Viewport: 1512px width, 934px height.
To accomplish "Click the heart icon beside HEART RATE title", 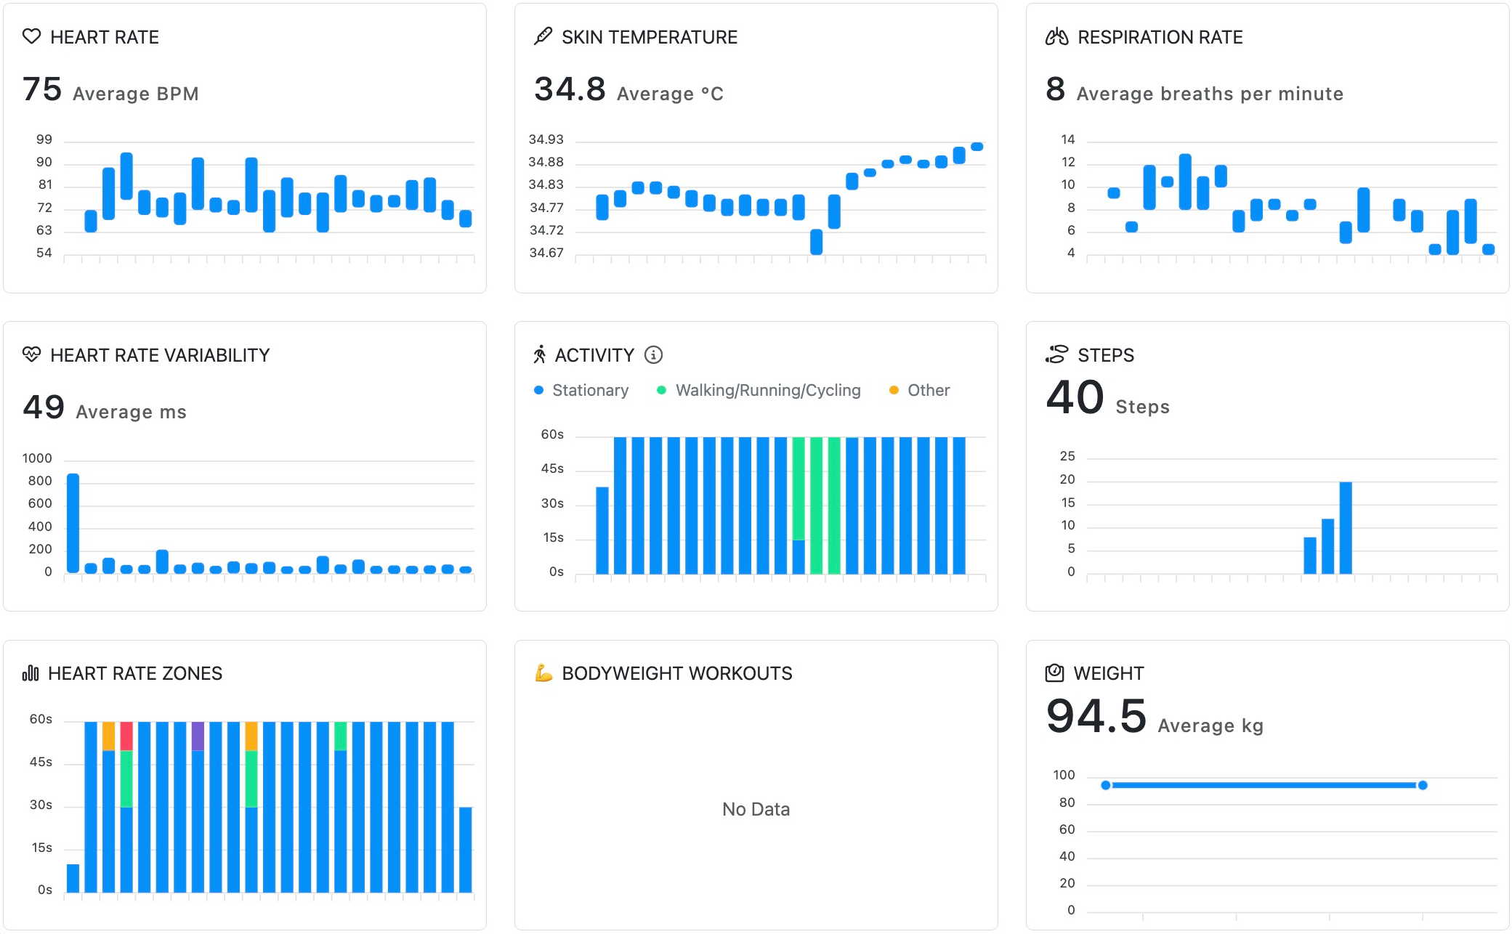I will [x=31, y=36].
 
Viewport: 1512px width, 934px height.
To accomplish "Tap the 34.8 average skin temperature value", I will [x=570, y=89].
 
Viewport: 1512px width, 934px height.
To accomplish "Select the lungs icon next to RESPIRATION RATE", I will [x=1056, y=36].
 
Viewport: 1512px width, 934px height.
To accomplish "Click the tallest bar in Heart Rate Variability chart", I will [x=73, y=523].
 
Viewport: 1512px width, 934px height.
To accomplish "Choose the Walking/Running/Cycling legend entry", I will [x=767, y=390].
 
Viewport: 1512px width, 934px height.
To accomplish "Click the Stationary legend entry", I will [x=589, y=390].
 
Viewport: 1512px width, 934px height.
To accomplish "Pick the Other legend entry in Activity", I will [x=927, y=390].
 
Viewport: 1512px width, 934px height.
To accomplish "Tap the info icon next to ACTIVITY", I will [x=654, y=354].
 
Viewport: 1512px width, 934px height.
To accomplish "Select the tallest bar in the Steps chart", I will [x=1345, y=527].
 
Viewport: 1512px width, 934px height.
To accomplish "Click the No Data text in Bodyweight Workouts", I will [x=756, y=809].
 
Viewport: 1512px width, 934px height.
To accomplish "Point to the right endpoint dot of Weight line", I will [x=1423, y=785].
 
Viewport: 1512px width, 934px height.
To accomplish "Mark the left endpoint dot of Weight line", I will [x=1106, y=785].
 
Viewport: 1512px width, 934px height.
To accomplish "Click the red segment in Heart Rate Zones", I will [x=126, y=736].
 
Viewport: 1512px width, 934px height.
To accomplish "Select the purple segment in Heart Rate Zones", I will [x=198, y=736].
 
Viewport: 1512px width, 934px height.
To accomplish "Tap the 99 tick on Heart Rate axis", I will [x=44, y=139].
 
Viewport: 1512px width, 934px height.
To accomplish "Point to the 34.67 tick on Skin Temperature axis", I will [x=546, y=253].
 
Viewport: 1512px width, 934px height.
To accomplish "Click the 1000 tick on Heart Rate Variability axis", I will [x=37, y=458].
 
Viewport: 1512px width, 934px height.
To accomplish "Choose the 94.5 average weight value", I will [x=1096, y=716].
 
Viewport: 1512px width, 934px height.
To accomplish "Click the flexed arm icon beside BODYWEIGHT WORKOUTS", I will [x=543, y=673].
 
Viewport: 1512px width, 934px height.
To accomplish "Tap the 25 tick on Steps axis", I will [x=1067, y=456].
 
